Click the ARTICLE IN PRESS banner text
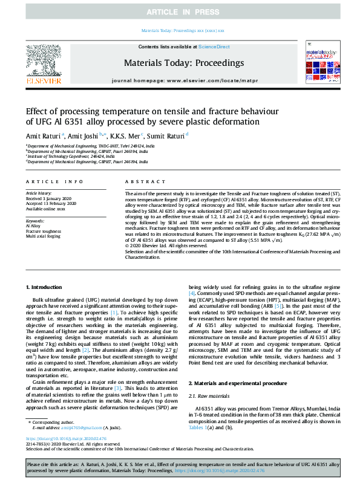click(x=180, y=11)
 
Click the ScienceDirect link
click(x=215, y=47)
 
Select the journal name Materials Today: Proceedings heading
click(x=180, y=62)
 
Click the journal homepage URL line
click(x=180, y=80)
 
